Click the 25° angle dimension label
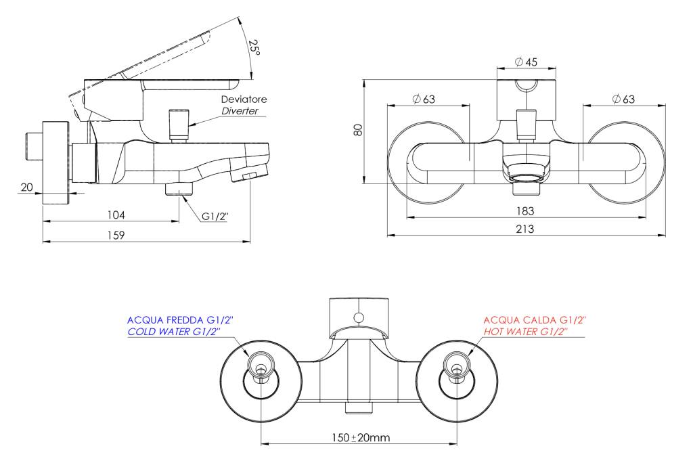(254, 47)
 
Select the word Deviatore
(244, 99)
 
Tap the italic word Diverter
(240, 110)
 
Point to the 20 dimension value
(27, 187)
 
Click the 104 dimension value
(116, 215)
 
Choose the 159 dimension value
(116, 236)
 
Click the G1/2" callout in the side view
(215, 216)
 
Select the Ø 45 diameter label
(526, 62)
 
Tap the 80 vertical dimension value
(358, 129)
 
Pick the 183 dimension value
(525, 211)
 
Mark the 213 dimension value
(525, 229)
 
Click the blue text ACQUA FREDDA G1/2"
(180, 319)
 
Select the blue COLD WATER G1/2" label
(174, 332)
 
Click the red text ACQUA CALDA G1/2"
(535, 319)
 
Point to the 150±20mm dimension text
(361, 438)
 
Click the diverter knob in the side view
(179, 125)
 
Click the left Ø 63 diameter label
(424, 99)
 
